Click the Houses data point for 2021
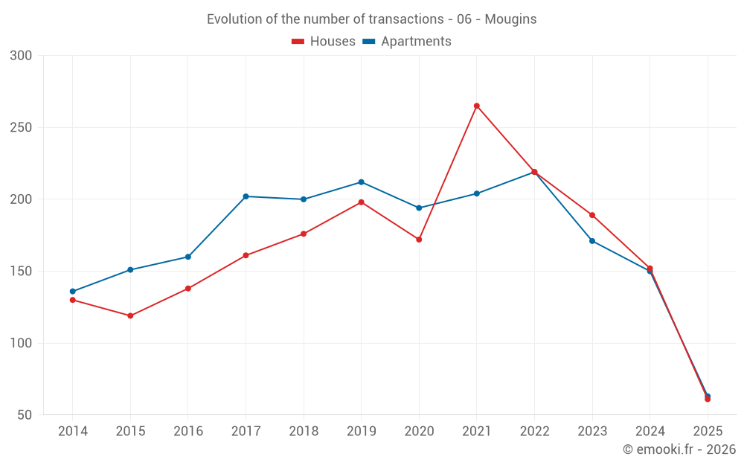[x=477, y=106]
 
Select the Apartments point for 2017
[x=246, y=196]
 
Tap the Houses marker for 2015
[x=130, y=315]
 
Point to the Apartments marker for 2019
[x=362, y=182]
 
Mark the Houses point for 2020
[x=419, y=240]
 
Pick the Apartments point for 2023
[x=592, y=241]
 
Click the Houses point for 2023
[x=592, y=215]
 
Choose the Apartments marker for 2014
[x=72, y=292]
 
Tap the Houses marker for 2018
[x=304, y=234]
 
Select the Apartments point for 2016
[x=188, y=257]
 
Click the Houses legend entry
[x=324, y=42]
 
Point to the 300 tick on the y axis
[x=22, y=56]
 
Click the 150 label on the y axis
[x=22, y=272]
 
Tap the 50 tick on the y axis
[x=25, y=415]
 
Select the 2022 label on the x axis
[x=534, y=432]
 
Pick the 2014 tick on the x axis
[x=72, y=432]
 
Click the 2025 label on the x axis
[x=708, y=432]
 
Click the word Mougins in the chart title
[x=510, y=19]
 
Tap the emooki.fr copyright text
[x=679, y=449]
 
